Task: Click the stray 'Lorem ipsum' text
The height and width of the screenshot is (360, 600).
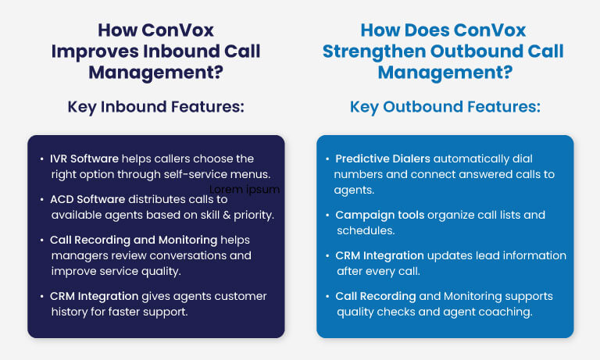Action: coord(245,189)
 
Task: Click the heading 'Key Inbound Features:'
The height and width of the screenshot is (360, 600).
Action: coord(155,106)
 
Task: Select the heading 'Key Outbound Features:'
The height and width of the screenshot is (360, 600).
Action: coord(445,106)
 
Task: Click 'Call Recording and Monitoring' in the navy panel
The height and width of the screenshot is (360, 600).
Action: coord(134,240)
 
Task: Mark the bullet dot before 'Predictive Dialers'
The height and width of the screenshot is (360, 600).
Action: coord(327,159)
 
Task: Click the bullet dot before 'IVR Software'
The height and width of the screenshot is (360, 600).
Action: coord(41,159)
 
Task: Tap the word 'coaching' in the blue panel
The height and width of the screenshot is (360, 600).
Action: coord(507,312)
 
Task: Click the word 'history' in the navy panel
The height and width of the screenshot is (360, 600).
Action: coord(70,312)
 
